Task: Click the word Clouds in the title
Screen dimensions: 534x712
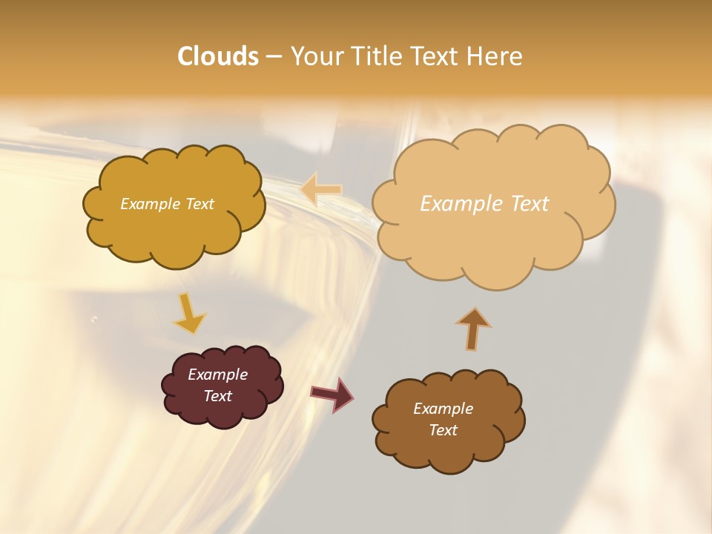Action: (x=218, y=56)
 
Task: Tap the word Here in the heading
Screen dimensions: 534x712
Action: (x=495, y=56)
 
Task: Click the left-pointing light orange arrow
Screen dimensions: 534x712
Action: (x=321, y=189)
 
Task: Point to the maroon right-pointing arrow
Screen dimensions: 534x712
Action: (x=332, y=394)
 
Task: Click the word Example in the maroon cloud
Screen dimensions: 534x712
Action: (x=217, y=375)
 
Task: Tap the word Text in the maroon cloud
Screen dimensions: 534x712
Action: (x=217, y=396)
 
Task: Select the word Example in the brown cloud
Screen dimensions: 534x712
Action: (x=443, y=409)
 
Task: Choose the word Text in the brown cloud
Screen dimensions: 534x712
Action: (x=443, y=430)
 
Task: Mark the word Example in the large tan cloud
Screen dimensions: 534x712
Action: (x=461, y=204)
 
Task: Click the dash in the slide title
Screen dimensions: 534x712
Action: (x=274, y=57)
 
